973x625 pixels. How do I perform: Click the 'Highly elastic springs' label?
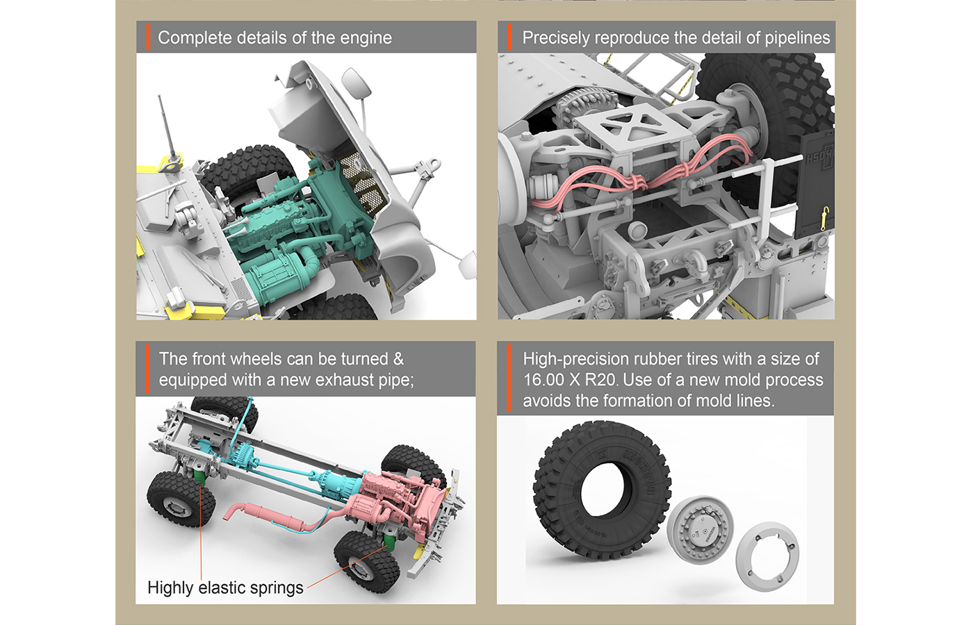point(225,587)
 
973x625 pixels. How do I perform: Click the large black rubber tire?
point(602,490)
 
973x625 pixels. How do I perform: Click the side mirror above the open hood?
point(356,83)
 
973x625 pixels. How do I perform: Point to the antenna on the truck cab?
point(167,126)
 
